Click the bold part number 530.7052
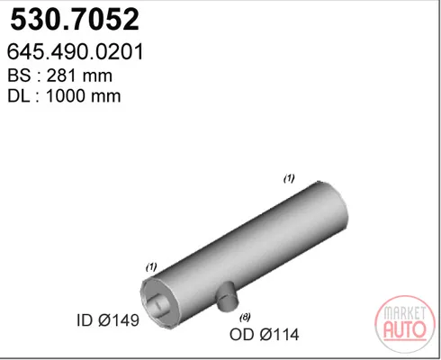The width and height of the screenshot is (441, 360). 75,20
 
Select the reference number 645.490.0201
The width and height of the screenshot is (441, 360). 76,52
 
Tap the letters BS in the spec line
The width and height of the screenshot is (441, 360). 19,76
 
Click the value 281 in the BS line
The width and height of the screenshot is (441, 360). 59,76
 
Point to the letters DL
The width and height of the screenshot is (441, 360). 18,96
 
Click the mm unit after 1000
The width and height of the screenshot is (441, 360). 106,97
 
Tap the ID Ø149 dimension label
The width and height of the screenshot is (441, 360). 108,320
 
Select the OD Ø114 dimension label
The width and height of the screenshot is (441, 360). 264,334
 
